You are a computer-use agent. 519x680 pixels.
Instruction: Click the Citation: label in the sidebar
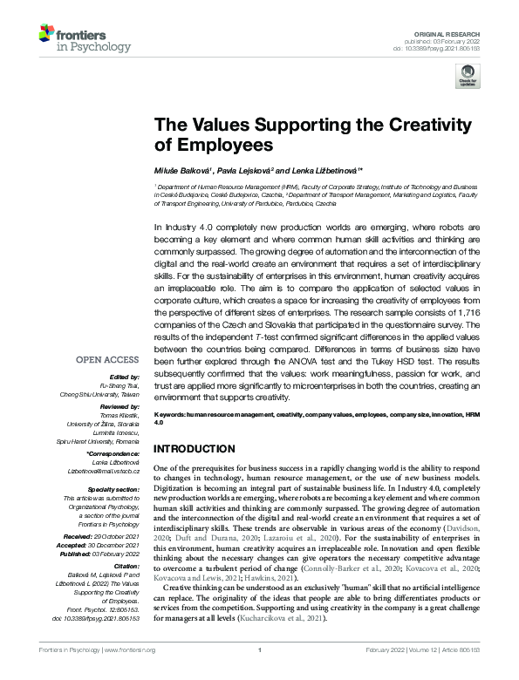tap(126, 564)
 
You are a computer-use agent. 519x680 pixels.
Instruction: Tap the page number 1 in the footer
tap(260, 674)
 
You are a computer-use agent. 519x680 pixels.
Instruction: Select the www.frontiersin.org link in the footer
tap(130, 674)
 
